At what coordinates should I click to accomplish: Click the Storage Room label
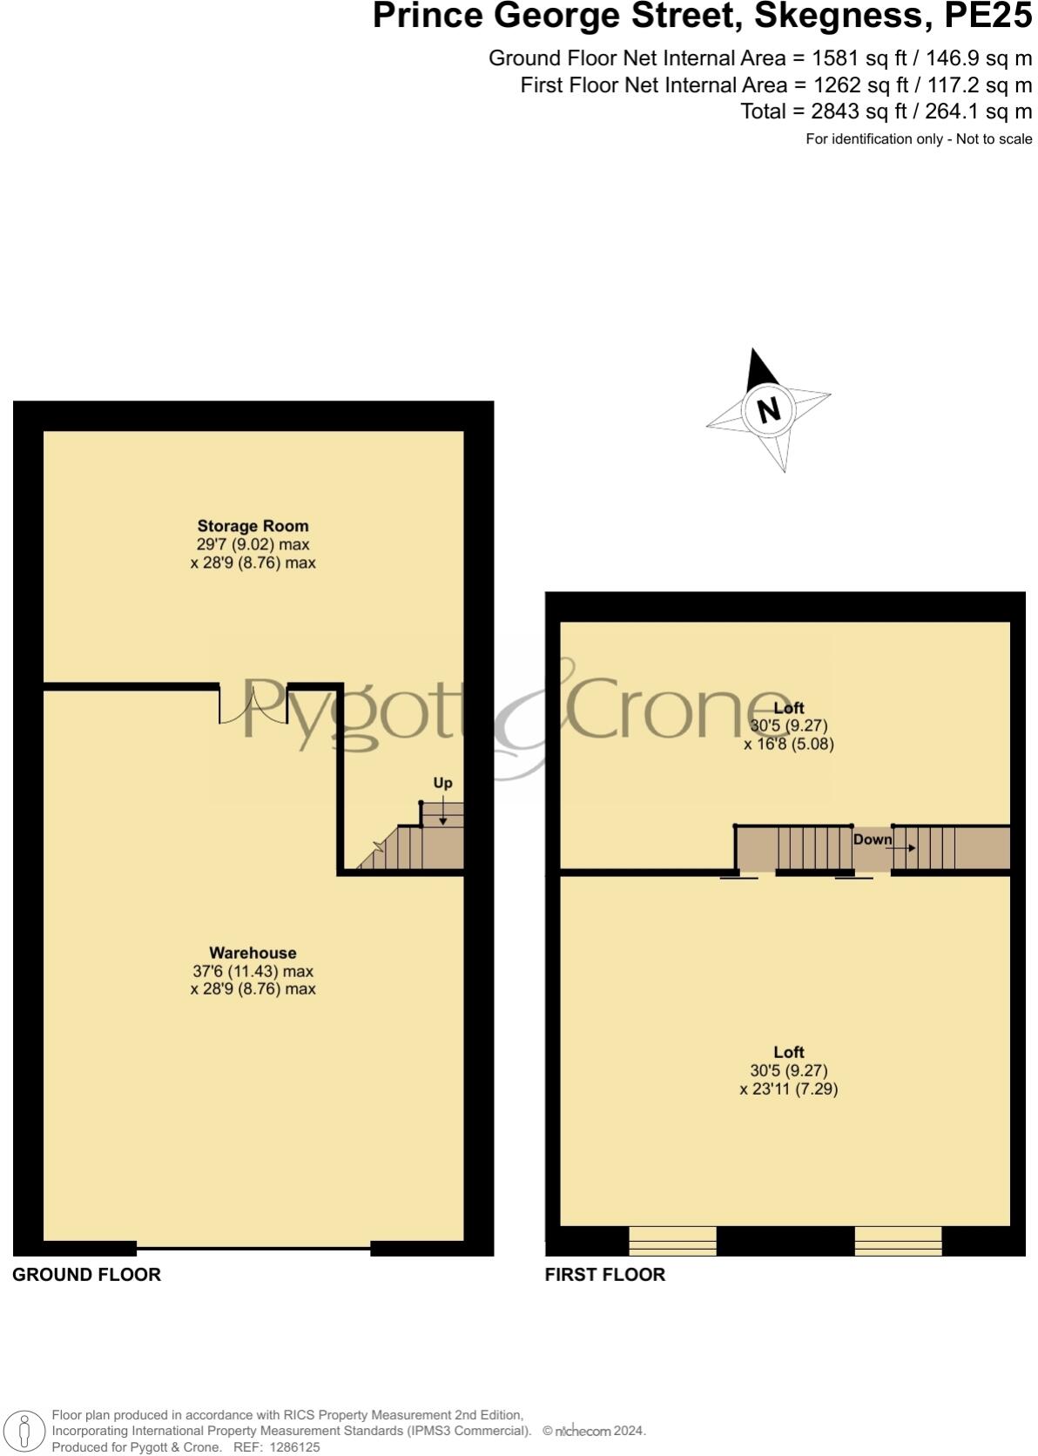point(253,526)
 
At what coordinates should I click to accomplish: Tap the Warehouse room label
point(253,953)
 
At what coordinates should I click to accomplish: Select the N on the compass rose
point(768,409)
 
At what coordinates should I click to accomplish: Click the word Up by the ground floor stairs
point(442,783)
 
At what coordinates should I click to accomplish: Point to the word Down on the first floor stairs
point(872,839)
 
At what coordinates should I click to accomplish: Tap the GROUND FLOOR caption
point(86,1275)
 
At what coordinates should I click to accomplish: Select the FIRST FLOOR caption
point(604,1275)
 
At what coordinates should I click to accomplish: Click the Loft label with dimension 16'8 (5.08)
point(789,708)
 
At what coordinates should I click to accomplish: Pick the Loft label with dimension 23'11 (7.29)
point(789,1052)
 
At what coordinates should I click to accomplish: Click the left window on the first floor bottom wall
point(672,1240)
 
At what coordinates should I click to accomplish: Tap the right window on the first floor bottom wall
point(898,1240)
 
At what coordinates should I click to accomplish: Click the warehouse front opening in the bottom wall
point(253,1248)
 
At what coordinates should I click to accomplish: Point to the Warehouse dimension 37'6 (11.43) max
point(253,971)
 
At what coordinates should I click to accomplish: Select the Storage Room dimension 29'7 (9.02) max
point(253,544)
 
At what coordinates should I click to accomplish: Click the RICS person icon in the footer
point(25,1431)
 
